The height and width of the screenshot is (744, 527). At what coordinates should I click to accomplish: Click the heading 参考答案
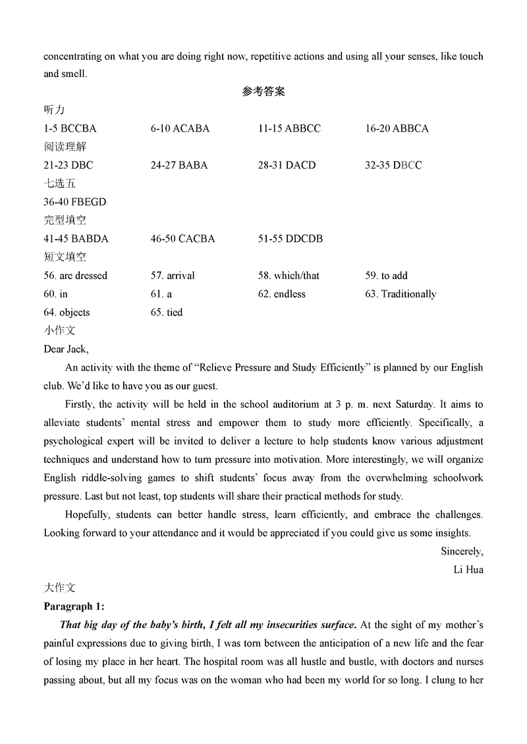pos(263,92)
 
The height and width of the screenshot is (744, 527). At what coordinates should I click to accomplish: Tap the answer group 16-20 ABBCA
pos(397,128)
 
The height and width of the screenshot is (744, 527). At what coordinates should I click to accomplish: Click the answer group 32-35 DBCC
pos(393,165)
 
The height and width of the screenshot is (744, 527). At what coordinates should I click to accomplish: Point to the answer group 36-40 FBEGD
pos(74,202)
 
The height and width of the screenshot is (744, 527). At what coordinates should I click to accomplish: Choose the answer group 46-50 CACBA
pos(182,239)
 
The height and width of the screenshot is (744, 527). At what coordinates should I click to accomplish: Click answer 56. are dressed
pos(75,276)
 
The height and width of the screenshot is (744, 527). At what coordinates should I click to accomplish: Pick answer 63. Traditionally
pos(401,294)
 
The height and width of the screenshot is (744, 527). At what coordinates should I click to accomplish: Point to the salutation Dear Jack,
pos(66,349)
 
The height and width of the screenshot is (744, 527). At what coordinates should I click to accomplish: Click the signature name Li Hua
pos(468,570)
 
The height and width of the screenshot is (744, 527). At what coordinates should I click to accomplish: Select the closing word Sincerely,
pos(462,551)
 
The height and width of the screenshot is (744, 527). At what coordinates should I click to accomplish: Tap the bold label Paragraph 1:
pos(74,606)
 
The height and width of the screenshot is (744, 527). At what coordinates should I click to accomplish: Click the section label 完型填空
pos(65,221)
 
